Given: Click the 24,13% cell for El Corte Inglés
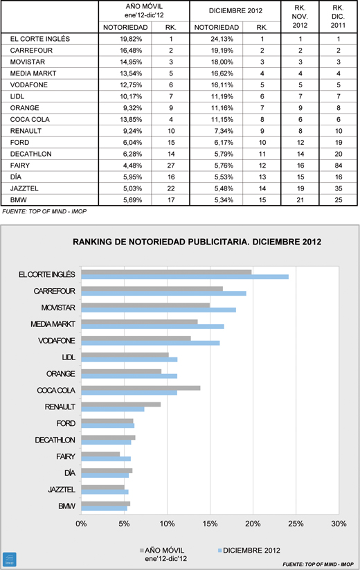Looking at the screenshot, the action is (222, 39).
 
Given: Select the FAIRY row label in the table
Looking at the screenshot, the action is (20, 166).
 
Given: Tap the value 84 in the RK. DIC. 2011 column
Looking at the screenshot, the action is (339, 166).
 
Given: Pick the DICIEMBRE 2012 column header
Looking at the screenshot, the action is (235, 11).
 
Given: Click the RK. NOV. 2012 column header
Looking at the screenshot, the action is (300, 17).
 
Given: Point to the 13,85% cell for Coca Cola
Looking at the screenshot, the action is (131, 119).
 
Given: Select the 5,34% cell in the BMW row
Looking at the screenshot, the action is (222, 200).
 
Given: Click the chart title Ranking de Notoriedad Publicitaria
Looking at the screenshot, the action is (197, 242).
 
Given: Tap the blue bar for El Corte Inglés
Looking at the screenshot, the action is (185, 277).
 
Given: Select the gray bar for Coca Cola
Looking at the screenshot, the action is (141, 389).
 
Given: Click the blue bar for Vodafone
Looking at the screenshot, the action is (150, 343).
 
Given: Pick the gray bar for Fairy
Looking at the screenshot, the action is (100, 454).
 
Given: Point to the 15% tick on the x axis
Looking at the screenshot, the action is (210, 524).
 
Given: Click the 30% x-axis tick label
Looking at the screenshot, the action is (339, 524).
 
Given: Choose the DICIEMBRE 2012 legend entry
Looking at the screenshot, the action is (249, 551).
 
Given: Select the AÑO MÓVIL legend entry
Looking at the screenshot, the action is (163, 554).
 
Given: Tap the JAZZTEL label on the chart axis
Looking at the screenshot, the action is (62, 490).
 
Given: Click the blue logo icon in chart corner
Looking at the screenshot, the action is (10, 559).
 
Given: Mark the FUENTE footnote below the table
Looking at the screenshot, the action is (44, 211).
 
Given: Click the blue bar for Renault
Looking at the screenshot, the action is (113, 409).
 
